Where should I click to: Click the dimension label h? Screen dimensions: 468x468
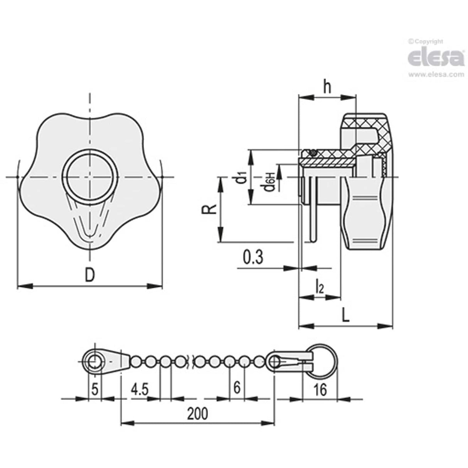click(327, 88)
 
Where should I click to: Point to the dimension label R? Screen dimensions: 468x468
click(207, 209)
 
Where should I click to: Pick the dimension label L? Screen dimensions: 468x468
click(346, 316)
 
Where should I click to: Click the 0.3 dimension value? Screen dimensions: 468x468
click(253, 257)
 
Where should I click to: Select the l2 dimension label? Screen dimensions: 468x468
click(319, 287)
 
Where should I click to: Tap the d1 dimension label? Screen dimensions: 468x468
click(241, 178)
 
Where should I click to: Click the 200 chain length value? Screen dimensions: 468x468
click(197, 414)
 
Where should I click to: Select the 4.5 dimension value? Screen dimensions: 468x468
click(139, 389)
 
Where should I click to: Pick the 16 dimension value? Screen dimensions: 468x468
click(320, 390)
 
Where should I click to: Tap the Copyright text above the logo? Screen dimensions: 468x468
click(426, 42)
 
